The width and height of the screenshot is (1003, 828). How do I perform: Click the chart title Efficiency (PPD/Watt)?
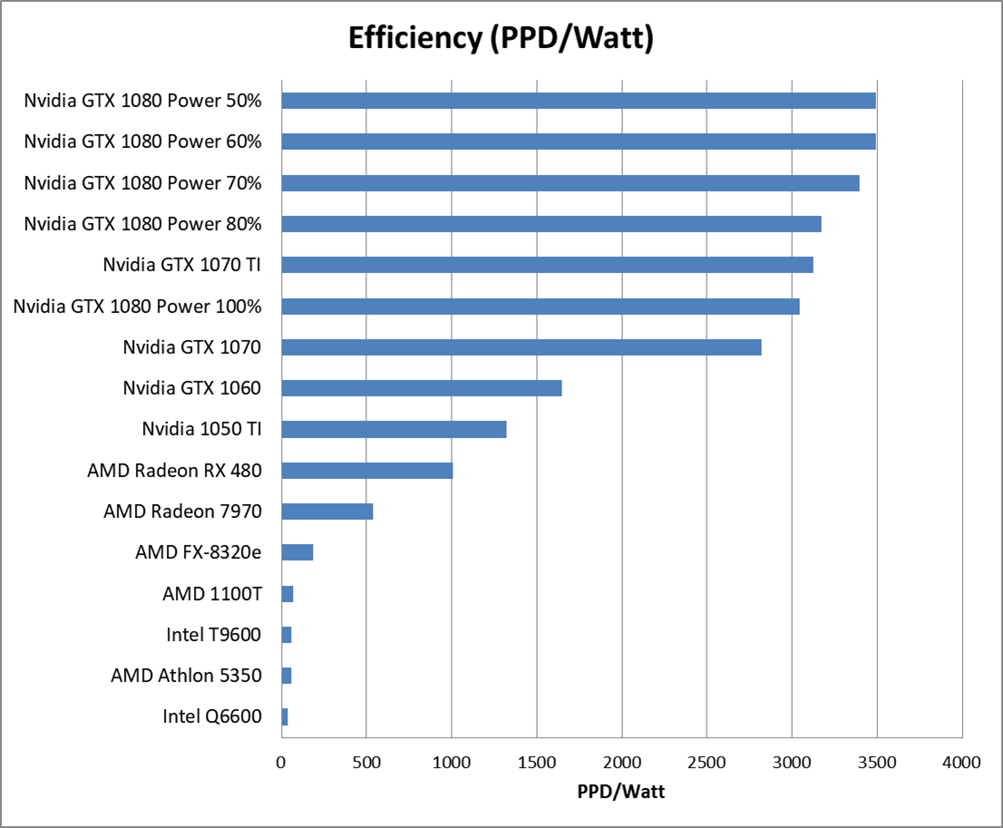[x=501, y=39]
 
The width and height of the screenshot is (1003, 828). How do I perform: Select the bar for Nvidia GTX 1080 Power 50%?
[x=579, y=100]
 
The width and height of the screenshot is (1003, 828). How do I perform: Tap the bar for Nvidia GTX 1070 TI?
[x=547, y=265]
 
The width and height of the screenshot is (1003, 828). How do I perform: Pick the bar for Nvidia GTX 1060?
[x=422, y=388]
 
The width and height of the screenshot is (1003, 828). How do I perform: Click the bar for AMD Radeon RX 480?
[x=367, y=471]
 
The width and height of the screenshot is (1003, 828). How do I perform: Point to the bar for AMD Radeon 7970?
[x=327, y=511]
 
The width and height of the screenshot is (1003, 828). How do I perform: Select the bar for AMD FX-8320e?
[x=297, y=552]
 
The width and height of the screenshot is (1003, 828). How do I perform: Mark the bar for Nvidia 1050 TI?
[x=394, y=429]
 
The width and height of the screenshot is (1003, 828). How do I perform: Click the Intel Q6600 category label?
[x=212, y=716]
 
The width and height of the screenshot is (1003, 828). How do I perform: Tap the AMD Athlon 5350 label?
[x=186, y=676]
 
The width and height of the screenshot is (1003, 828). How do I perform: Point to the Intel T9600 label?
[x=214, y=635]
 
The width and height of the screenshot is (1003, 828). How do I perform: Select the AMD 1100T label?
[x=212, y=594]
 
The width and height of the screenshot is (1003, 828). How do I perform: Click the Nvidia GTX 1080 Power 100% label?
[x=138, y=307]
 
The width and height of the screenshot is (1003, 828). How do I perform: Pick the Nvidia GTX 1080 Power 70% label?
[x=143, y=183]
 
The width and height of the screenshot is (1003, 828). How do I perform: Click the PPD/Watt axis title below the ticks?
[x=621, y=792]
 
